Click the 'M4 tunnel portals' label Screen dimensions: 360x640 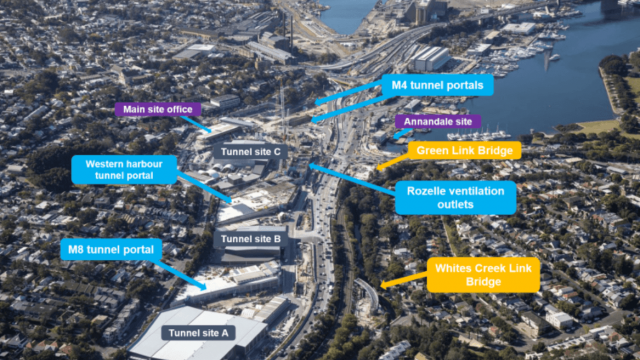pyautogui.click(x=437, y=85)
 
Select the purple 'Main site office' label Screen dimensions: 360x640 pyautogui.click(x=158, y=109)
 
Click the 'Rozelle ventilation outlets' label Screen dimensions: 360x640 pyautogui.click(x=455, y=197)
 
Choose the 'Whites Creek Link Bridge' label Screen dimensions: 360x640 pyautogui.click(x=483, y=274)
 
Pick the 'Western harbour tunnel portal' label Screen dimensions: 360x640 pyautogui.click(x=123, y=169)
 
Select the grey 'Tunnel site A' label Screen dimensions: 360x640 pyautogui.click(x=198, y=333)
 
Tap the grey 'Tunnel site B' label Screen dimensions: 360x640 pyautogui.click(x=251, y=239)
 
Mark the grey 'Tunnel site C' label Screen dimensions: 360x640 pyautogui.click(x=250, y=151)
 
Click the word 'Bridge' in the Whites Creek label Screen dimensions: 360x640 pyautogui.click(x=483, y=283)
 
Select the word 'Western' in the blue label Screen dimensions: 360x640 pyautogui.click(x=104, y=162)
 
